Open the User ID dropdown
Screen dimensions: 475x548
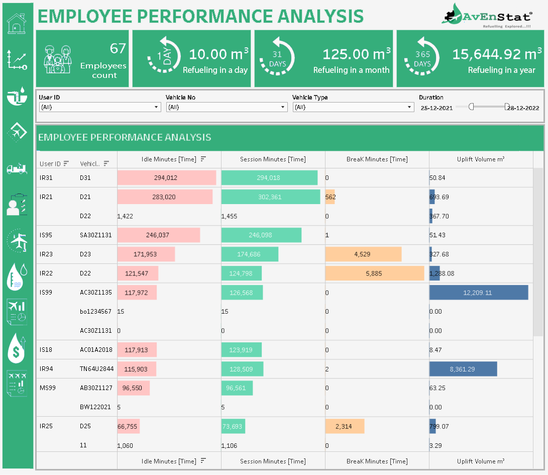pos(100,107)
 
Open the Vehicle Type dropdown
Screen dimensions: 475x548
pos(353,107)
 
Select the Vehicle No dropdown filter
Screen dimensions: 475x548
pos(227,107)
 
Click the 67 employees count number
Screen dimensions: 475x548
pos(118,49)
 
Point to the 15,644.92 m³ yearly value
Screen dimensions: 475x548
pos(497,54)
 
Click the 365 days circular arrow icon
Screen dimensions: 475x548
pos(422,59)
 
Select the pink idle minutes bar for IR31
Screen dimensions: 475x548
pos(166,178)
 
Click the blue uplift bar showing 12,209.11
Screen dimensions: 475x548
pos(478,293)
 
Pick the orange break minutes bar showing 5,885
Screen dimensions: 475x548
pos(374,273)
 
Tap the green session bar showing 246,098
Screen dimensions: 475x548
pos(261,235)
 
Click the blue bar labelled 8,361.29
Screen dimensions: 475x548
pos(463,369)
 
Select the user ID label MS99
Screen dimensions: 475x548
pos(47,388)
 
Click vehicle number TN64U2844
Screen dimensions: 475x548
pos(96,369)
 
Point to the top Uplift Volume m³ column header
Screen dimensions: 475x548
pos(481,159)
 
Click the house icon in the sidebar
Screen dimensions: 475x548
pos(17,23)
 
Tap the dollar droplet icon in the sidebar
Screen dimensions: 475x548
pos(17,348)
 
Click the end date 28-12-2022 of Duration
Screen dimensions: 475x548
pos(523,108)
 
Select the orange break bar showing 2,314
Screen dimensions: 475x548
pos(344,426)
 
